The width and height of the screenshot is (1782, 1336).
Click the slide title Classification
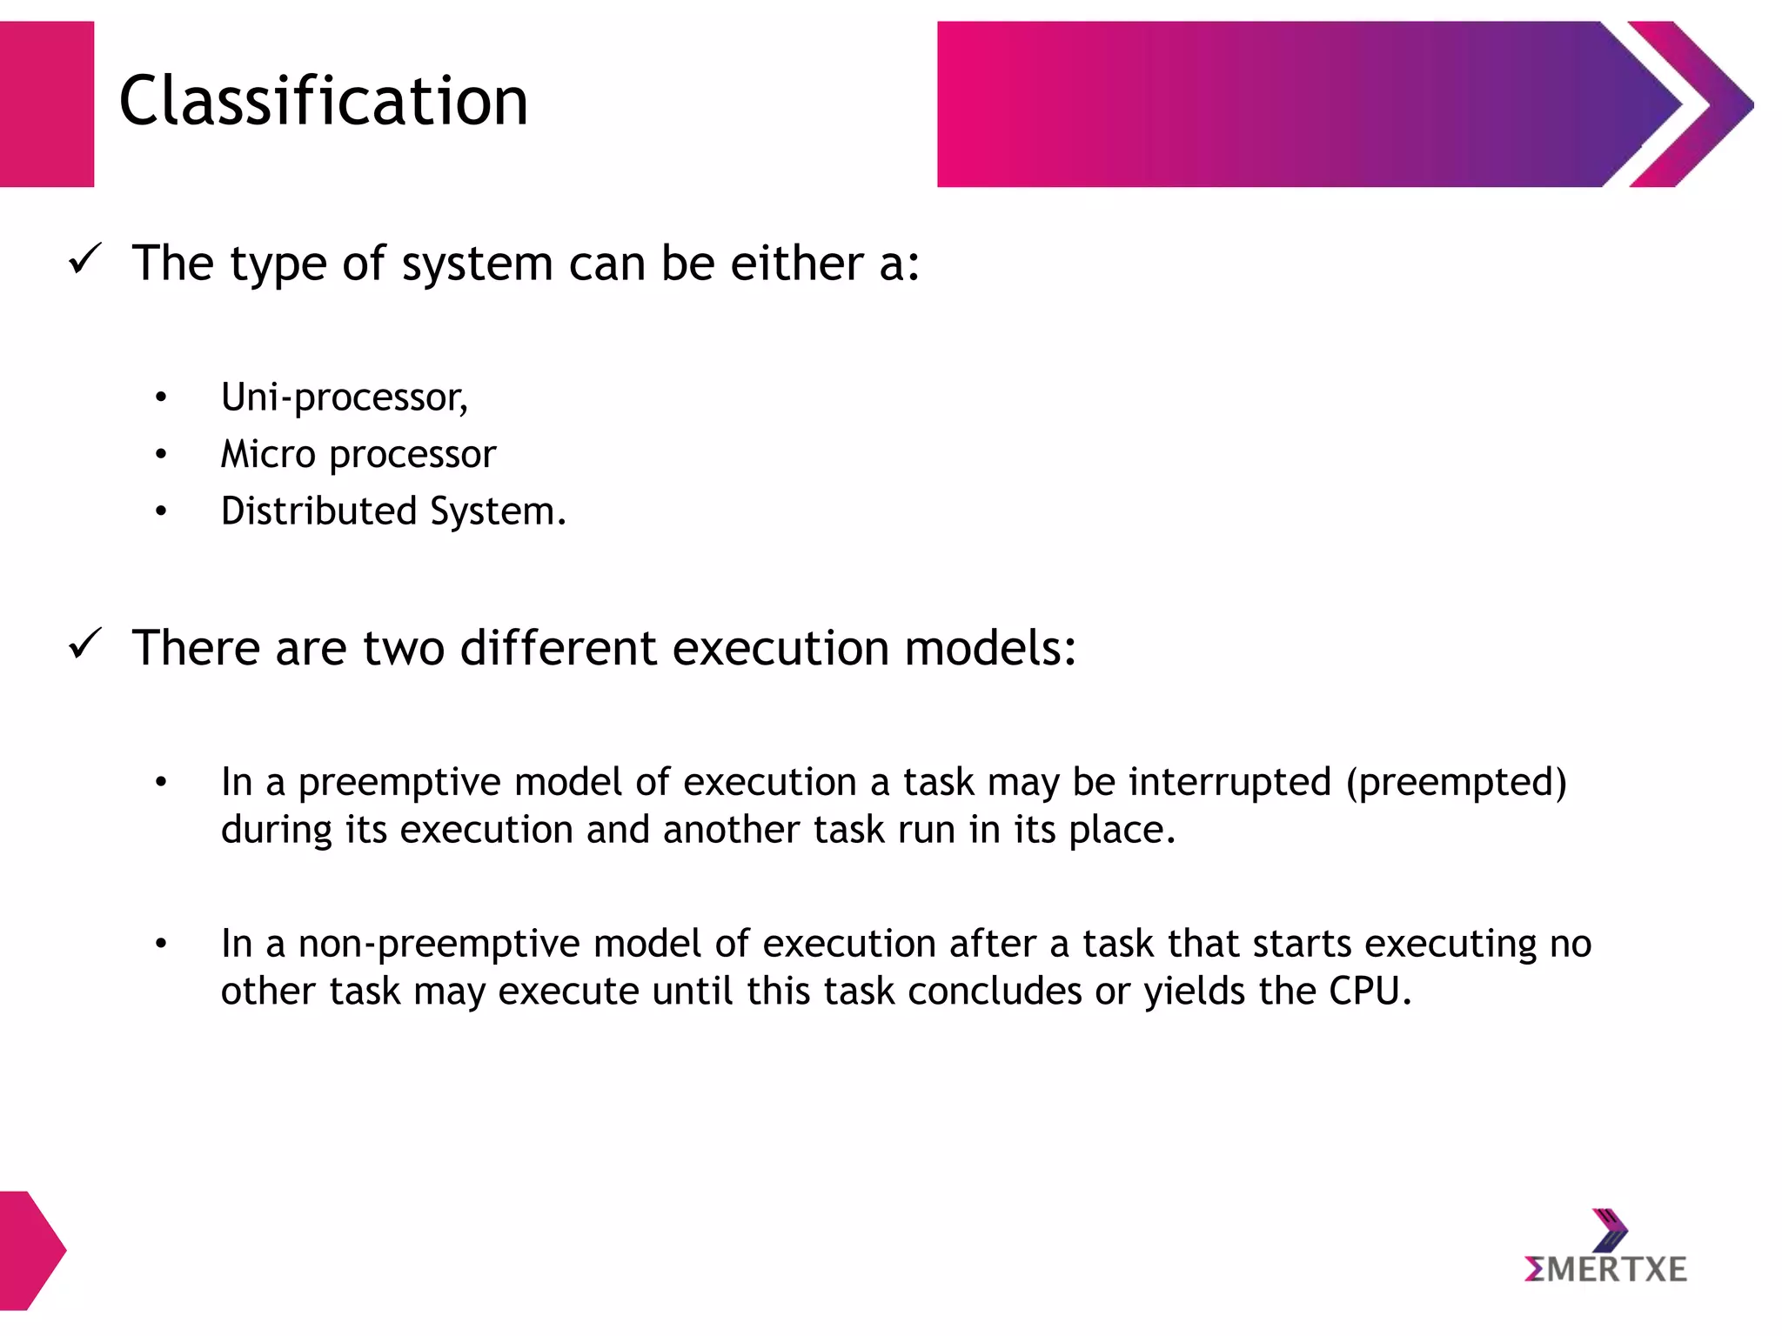pyautogui.click(x=323, y=101)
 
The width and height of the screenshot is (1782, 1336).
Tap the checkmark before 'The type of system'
pyautogui.click(x=85, y=259)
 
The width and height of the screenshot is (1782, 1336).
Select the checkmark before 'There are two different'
pyautogui.click(x=85, y=645)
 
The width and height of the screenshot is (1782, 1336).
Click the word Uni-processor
pyautogui.click(x=344, y=397)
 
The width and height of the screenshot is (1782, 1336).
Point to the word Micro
pyautogui.click(x=267, y=454)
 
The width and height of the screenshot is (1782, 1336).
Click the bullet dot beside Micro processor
pyautogui.click(x=161, y=455)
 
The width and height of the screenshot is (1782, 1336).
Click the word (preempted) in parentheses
pyautogui.click(x=1456, y=782)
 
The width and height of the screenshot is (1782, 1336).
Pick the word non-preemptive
pyautogui.click(x=439, y=944)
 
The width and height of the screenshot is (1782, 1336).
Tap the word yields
pyautogui.click(x=1194, y=992)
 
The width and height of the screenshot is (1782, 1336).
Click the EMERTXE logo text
pyautogui.click(x=1605, y=1270)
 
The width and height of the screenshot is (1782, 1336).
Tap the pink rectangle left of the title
pyautogui.click(x=46, y=104)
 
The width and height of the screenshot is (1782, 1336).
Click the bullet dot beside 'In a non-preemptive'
pyautogui.click(x=161, y=944)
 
